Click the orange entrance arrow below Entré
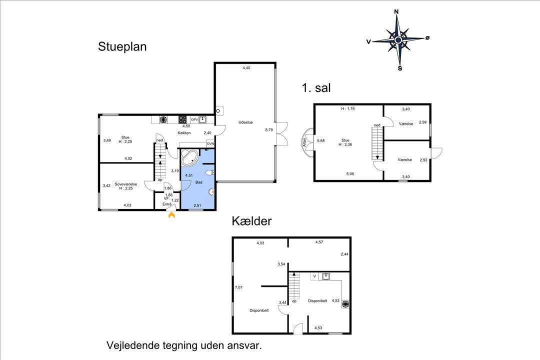pos(171,215)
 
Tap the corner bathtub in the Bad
pos(188,157)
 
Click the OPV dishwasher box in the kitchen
pos(194,119)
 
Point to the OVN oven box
pos(210,144)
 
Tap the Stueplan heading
pos(122,47)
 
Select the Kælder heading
pos(251,221)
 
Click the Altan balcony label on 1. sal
pos(304,142)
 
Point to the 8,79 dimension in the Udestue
pos(269,130)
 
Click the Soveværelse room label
pos(125,184)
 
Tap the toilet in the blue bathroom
pos(212,172)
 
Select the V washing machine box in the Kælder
pos(314,275)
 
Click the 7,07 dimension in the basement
pos(239,287)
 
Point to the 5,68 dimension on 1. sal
pos(321,140)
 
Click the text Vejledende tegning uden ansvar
pos(184,345)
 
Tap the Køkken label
pos(184,133)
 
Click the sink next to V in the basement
pos(326,275)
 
